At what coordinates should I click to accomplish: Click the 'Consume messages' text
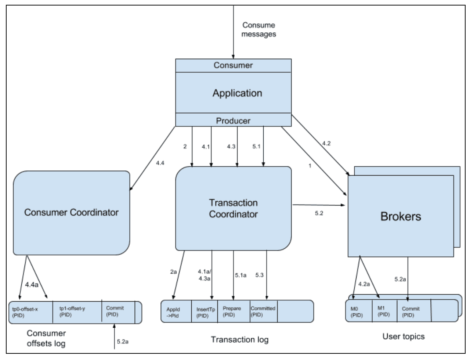259,30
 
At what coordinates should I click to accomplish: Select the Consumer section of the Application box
233,66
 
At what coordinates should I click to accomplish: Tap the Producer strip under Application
233,120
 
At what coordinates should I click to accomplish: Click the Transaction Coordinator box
233,208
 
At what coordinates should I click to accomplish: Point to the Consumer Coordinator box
71,212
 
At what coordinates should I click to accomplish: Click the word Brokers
401,216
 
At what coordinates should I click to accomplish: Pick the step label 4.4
160,163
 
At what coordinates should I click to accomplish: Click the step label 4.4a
32,284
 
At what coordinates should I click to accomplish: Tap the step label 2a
174,272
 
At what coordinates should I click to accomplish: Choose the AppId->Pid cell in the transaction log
175,312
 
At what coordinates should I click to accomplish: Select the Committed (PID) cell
263,312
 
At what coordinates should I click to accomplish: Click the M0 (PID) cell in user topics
358,312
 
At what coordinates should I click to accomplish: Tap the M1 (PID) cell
384,312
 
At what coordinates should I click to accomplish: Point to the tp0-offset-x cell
30,312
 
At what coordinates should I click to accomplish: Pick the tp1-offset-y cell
76,312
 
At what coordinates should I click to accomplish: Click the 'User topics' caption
403,336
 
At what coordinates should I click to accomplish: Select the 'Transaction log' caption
239,339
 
